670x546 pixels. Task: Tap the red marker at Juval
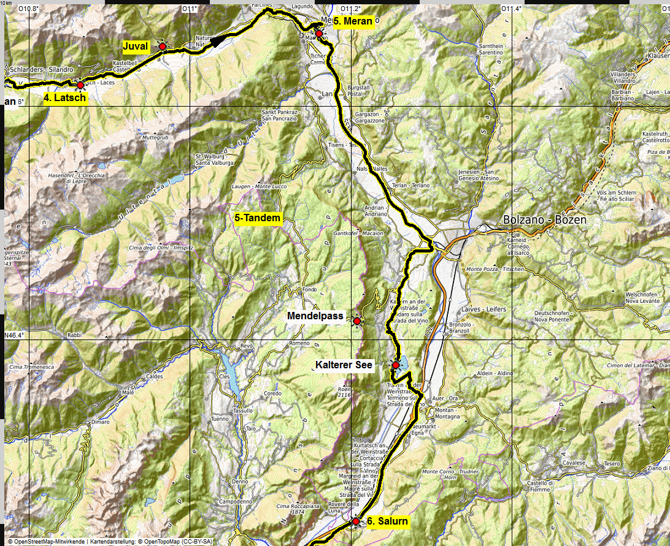coord(163,46)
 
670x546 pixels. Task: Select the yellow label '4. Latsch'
coord(64,97)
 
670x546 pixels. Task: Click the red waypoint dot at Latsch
coord(80,85)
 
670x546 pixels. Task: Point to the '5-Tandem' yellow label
coord(258,218)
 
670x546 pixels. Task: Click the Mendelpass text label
coord(316,316)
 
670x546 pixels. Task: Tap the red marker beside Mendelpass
coord(356,320)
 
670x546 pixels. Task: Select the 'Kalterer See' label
coord(344,365)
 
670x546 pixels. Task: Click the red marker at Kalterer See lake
coord(396,365)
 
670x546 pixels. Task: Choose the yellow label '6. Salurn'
coord(387,521)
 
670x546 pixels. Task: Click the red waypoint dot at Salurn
coord(356,521)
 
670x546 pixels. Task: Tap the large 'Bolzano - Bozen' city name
coord(545,219)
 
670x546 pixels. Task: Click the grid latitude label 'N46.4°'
coord(14,335)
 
